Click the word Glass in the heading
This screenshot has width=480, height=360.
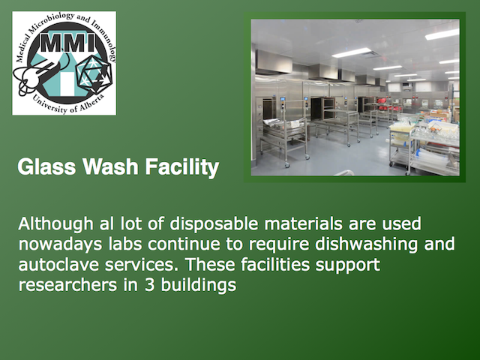coord(46,166)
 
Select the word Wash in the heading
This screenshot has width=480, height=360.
coord(110,166)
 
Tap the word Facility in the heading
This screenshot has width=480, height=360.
coord(182,168)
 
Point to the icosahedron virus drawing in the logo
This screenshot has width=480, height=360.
coord(94,73)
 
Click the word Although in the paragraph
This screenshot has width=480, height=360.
coord(55,224)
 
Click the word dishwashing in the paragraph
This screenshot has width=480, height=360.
coord(367,245)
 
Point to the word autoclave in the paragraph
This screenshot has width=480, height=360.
coord(58,265)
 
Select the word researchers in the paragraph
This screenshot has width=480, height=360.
coord(67,285)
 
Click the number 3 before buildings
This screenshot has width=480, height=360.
coord(149,285)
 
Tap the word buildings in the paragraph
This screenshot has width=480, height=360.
coord(199,286)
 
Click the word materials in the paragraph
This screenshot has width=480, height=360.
coord(303,223)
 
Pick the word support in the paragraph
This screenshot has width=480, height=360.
coord(348,265)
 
